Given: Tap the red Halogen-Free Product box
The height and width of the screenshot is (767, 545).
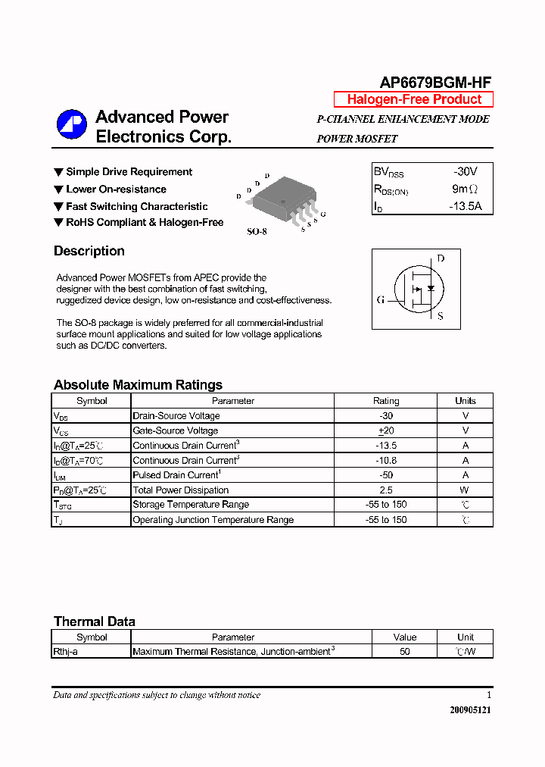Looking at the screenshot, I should click(413, 99).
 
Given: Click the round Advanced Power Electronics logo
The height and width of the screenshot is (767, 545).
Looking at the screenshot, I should click(72, 125).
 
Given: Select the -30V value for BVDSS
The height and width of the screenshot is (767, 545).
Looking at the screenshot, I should click(466, 172).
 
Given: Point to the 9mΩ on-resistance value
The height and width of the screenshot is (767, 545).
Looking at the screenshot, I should click(465, 189).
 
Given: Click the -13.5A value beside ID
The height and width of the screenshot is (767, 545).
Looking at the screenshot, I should click(465, 205).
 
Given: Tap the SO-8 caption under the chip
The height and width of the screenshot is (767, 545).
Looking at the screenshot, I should click(257, 231).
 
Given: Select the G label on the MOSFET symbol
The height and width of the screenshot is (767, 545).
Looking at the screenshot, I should click(381, 299).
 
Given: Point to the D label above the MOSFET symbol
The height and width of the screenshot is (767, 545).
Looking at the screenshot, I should click(441, 258).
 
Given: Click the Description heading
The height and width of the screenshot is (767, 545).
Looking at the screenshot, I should click(89, 251).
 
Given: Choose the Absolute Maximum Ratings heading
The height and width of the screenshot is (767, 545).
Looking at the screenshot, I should click(138, 384).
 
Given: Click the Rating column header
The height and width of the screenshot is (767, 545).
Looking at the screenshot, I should click(386, 401).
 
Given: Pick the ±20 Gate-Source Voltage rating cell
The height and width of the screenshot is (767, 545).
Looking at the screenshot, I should click(386, 430).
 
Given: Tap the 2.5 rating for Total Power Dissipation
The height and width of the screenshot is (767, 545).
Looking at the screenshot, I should click(386, 490).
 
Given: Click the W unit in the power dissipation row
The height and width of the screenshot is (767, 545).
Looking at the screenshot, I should click(466, 490).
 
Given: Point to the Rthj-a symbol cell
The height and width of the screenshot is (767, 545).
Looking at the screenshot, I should click(91, 652).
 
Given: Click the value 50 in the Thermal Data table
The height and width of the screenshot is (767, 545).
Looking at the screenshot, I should click(405, 652).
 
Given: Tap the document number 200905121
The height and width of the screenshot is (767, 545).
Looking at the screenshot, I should click(470, 710).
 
